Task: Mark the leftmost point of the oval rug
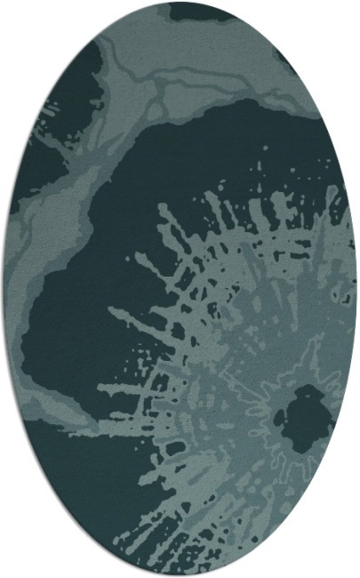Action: point(4,289)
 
